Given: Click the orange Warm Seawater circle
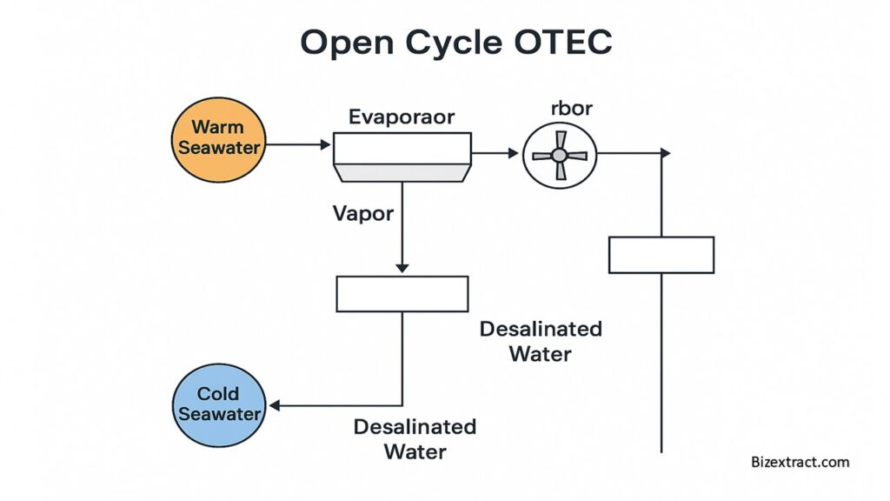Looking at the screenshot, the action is (218, 140).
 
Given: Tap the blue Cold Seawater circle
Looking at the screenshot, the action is (219, 405).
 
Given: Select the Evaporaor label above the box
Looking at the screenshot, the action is (402, 117).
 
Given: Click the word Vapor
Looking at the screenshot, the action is (363, 214).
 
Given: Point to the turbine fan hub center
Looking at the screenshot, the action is (559, 155).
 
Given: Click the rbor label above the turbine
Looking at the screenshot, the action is (572, 108).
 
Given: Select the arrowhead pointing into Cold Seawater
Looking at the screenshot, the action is (274, 405).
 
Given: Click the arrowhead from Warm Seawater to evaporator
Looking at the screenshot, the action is (326, 144).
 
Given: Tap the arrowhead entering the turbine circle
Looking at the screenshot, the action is (514, 153).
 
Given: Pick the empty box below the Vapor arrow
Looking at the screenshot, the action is (402, 294).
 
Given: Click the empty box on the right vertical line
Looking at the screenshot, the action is (661, 255).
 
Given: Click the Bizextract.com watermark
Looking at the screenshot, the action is (800, 462).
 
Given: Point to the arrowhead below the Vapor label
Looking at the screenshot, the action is (402, 268).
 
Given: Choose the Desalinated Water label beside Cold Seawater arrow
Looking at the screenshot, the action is (415, 439).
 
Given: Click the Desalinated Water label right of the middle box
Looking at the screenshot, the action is (541, 341).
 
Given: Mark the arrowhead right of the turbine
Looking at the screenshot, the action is (666, 153).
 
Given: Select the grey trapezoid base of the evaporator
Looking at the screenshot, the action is (402, 173).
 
